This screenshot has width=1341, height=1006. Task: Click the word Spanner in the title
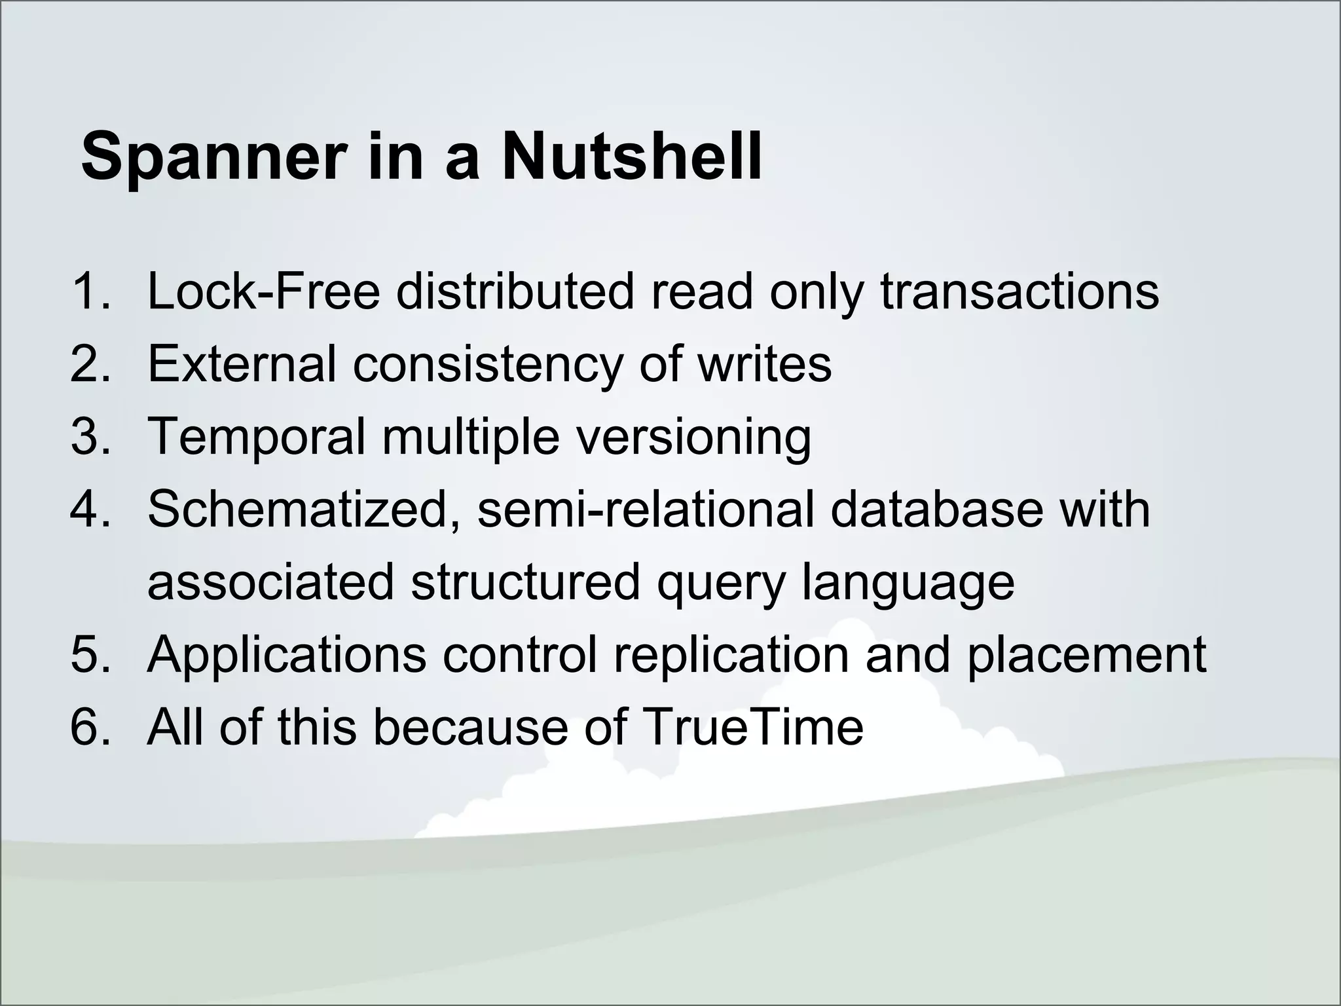pyautogui.click(x=213, y=157)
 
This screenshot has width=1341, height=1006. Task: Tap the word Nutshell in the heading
pyautogui.click(x=632, y=157)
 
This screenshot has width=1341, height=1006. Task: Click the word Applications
pyautogui.click(x=287, y=654)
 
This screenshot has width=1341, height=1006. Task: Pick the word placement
pyautogui.click(x=1086, y=654)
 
